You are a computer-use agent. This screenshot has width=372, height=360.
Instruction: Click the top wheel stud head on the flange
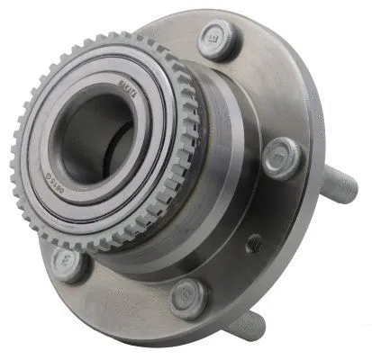coord(219,40)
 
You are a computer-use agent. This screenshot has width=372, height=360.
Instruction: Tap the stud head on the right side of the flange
coord(285,158)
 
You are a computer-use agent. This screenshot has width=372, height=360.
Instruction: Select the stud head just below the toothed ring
coord(69,263)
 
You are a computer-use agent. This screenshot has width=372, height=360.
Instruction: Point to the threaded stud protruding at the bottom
coord(247,326)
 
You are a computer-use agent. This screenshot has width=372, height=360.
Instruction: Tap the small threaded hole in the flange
coord(255,243)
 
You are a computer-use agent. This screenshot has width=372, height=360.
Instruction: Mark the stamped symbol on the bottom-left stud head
coord(68,261)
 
